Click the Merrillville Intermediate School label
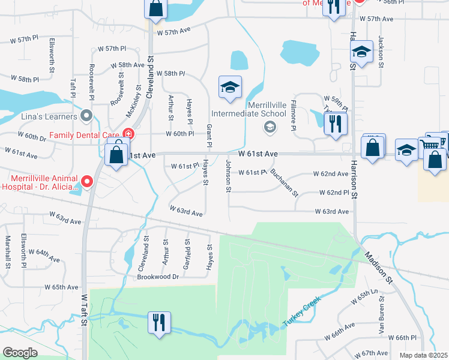[248, 109]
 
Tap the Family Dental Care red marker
[128, 134]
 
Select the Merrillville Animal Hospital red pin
[87, 181]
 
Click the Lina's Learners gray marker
[86, 115]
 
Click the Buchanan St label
[284, 182]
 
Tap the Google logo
[20, 352]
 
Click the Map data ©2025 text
[424, 355]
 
